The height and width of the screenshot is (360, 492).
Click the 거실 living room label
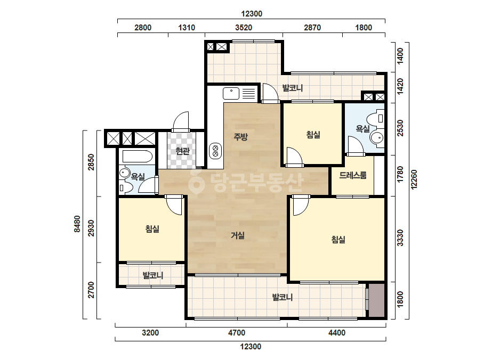tap(238, 235)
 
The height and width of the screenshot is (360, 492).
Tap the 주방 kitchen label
tap(240, 136)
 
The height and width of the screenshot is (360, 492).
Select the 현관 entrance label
tap(182, 151)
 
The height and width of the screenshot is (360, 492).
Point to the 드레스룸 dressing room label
tap(353, 175)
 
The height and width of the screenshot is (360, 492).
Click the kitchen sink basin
tap(231, 93)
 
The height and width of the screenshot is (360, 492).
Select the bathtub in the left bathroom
tap(138, 156)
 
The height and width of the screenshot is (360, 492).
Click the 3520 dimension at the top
tap(244, 28)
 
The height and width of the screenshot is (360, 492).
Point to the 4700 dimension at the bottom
tap(237, 332)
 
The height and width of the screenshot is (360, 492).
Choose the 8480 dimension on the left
tap(77, 224)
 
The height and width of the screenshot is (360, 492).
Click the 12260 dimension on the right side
tap(414, 179)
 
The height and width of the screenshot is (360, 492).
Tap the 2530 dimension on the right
tap(400, 128)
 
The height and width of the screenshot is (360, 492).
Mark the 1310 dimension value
tap(187, 28)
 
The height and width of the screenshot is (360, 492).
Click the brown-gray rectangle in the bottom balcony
tap(376, 300)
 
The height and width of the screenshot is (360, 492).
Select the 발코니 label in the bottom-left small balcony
tap(153, 276)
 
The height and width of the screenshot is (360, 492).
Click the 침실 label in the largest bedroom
tap(338, 240)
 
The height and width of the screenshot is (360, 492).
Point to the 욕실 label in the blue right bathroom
tap(362, 128)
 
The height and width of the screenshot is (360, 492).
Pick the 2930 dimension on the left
tap(91, 228)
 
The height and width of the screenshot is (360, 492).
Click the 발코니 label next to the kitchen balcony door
tap(293, 88)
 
